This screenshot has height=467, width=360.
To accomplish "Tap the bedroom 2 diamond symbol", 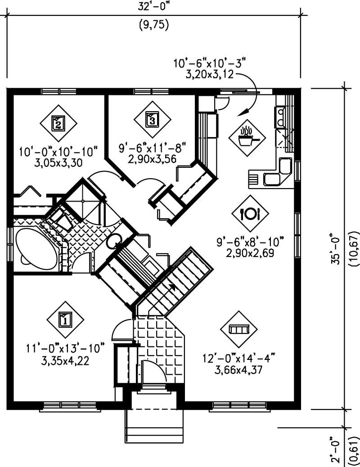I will pyautogui.click(x=58, y=123).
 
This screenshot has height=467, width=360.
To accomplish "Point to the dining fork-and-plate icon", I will pyautogui.click(x=250, y=213).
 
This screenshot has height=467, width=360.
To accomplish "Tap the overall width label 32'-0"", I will pyautogui.click(x=153, y=8).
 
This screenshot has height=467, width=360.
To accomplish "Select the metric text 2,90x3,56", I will pyautogui.click(x=153, y=158).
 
